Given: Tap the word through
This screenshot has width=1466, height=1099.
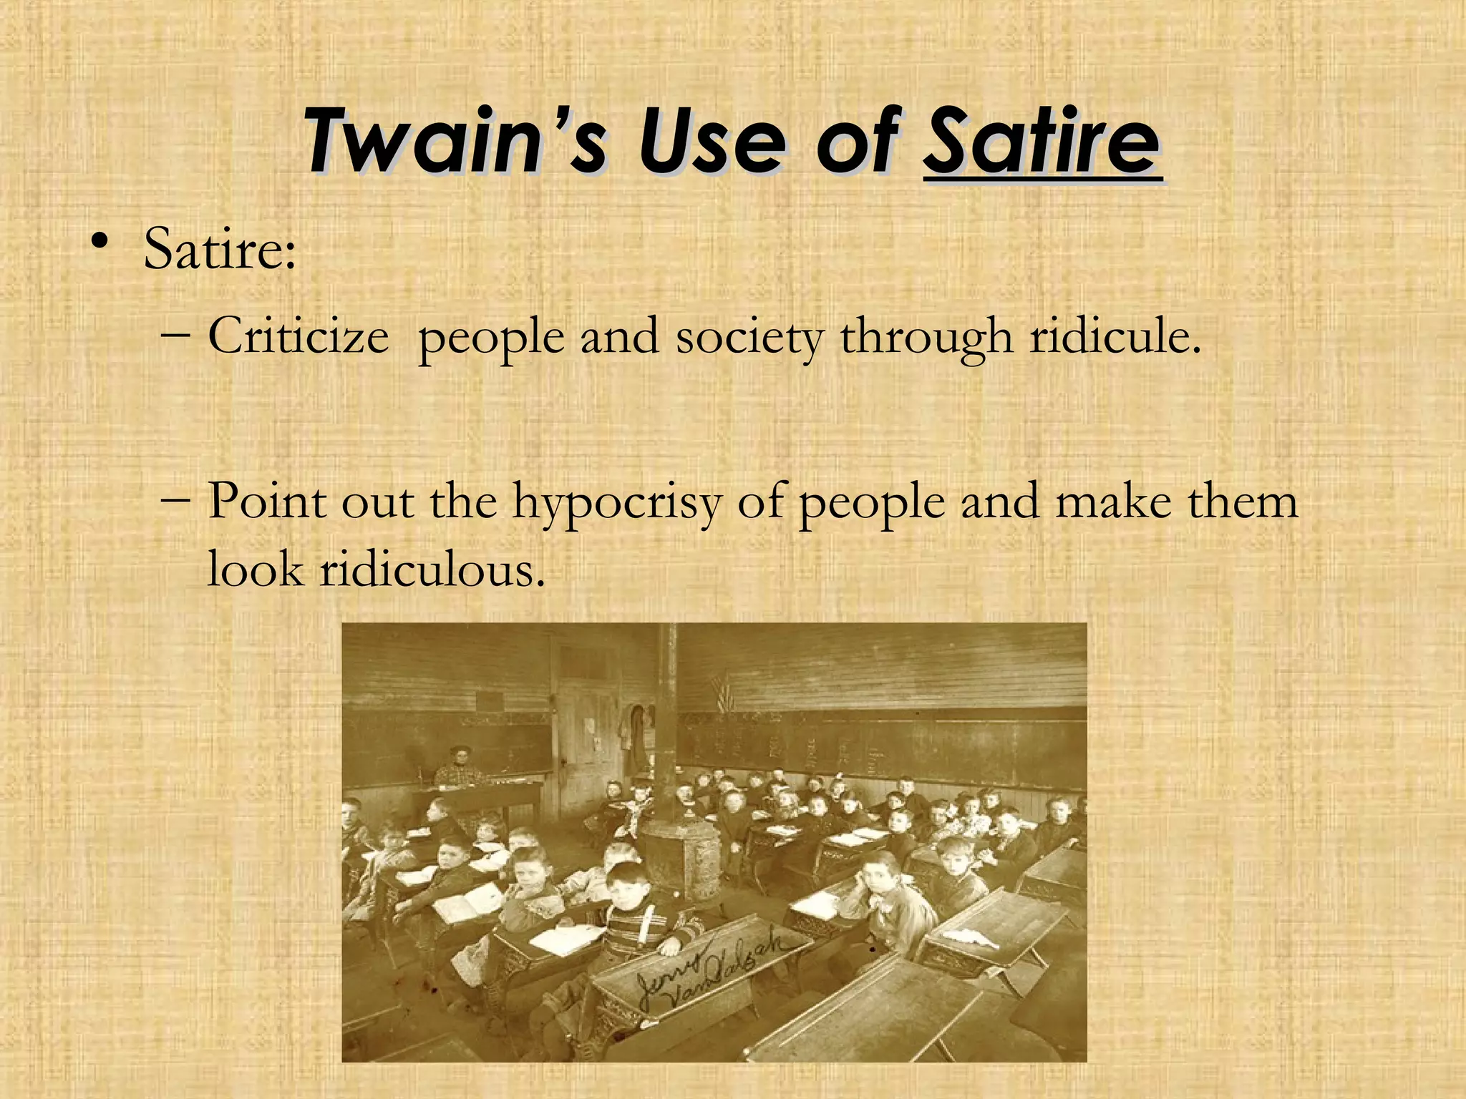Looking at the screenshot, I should tap(926, 338).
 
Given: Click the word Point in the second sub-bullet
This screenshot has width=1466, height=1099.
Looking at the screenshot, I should tap(266, 501).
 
